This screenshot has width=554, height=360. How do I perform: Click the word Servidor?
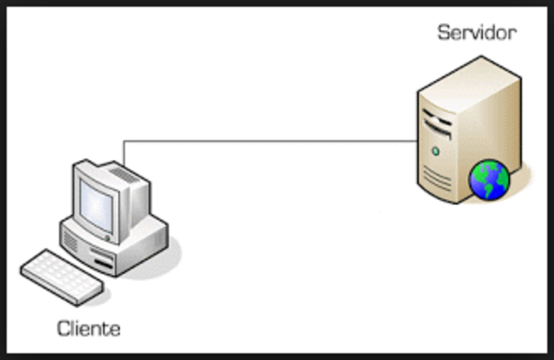point(476,34)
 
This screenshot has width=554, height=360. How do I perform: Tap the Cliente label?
point(88,329)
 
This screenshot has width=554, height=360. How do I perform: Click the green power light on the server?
point(435,151)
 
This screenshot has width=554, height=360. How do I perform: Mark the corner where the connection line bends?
point(125,141)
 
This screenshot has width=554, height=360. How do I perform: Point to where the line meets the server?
point(416,141)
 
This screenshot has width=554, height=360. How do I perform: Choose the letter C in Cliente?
point(63,329)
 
